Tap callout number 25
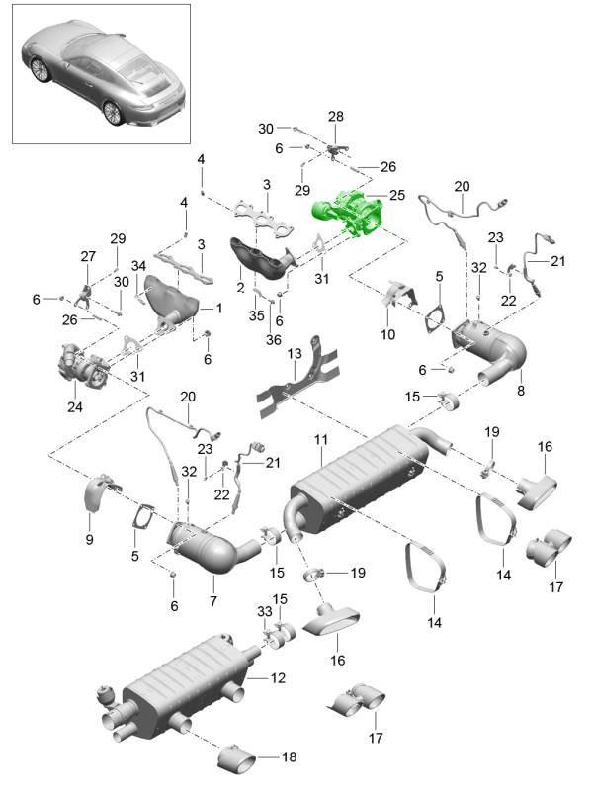click(396, 197)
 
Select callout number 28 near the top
click(336, 117)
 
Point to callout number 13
click(295, 354)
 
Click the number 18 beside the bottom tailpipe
click(289, 757)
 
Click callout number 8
click(521, 391)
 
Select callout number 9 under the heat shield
click(89, 540)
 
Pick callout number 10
click(387, 335)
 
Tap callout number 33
click(264, 614)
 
